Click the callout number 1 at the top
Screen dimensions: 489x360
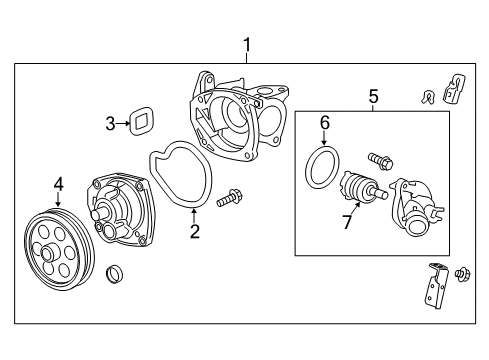click(x=247, y=45)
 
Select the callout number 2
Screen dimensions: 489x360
click(x=195, y=231)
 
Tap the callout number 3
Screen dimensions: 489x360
click(x=110, y=124)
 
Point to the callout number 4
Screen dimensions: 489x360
click(x=59, y=184)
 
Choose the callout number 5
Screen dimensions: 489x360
click(x=374, y=96)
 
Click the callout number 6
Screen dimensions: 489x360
click(x=325, y=123)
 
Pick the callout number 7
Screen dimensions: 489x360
click(x=347, y=222)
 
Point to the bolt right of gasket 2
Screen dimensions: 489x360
click(x=230, y=197)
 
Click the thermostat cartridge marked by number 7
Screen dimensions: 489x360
click(x=362, y=187)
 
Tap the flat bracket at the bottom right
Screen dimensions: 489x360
click(x=437, y=285)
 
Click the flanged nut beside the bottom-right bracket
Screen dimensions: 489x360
click(x=464, y=275)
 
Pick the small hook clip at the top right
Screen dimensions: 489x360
click(x=427, y=97)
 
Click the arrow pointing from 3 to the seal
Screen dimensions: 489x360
click(x=123, y=123)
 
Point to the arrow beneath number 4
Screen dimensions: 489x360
click(x=59, y=199)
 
